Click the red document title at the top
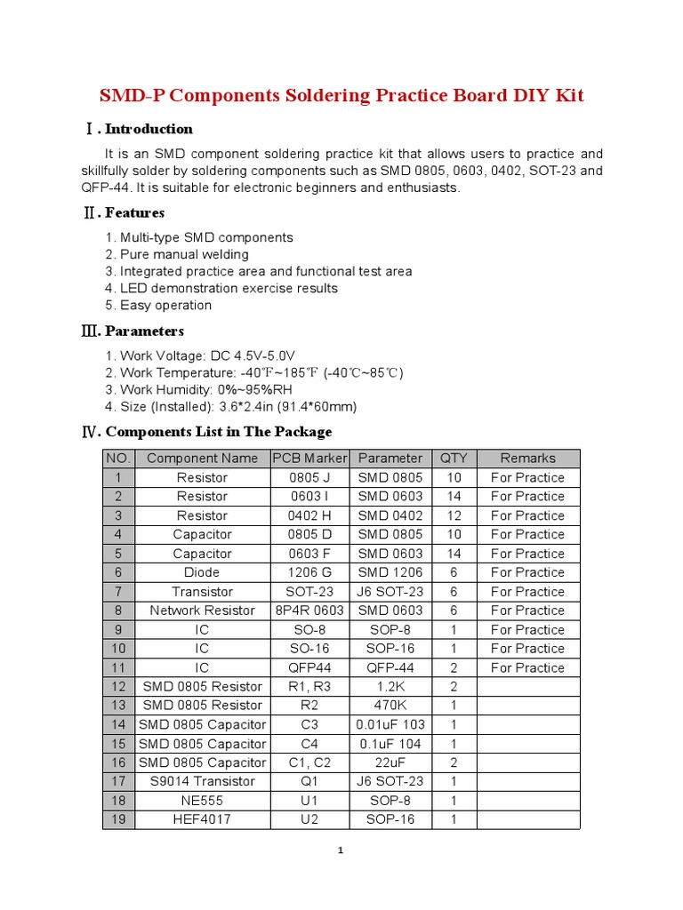tap(341, 95)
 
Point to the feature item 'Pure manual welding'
tap(177, 254)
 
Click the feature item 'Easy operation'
tap(158, 305)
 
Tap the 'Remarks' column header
tap(527, 459)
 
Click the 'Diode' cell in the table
tap(202, 572)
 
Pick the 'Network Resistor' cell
tap(202, 611)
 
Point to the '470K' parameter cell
tap(390, 706)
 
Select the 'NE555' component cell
tap(202, 801)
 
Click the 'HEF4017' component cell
tap(202, 819)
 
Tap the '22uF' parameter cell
tap(390, 762)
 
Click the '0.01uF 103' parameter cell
tap(390, 724)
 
